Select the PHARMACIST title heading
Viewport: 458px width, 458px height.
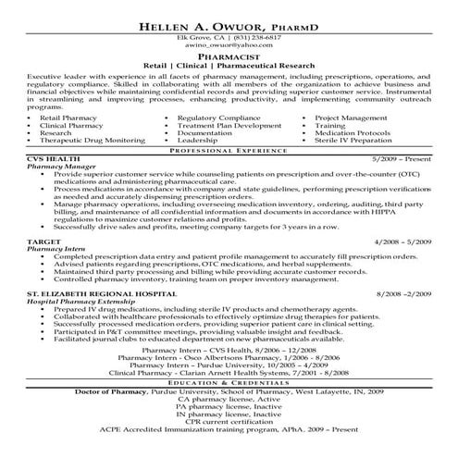point(229,56)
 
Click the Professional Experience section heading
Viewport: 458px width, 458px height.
point(229,149)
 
